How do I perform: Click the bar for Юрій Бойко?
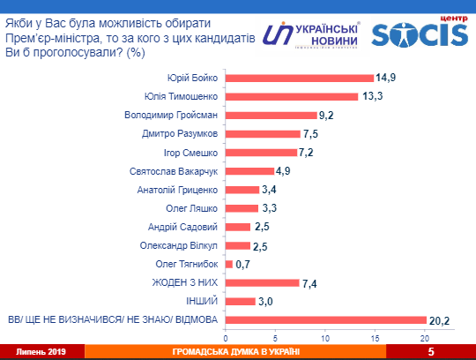tap(300, 78)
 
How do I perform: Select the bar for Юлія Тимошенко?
tap(292, 96)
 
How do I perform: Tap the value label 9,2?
tap(328, 115)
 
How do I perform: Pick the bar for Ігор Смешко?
tap(261, 152)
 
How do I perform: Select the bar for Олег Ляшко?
tap(242, 208)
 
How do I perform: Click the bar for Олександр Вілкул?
tap(238, 245)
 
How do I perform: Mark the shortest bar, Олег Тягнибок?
tap(229, 264)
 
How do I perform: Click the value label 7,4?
tap(310, 282)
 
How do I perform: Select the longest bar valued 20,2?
tap(326, 319)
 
